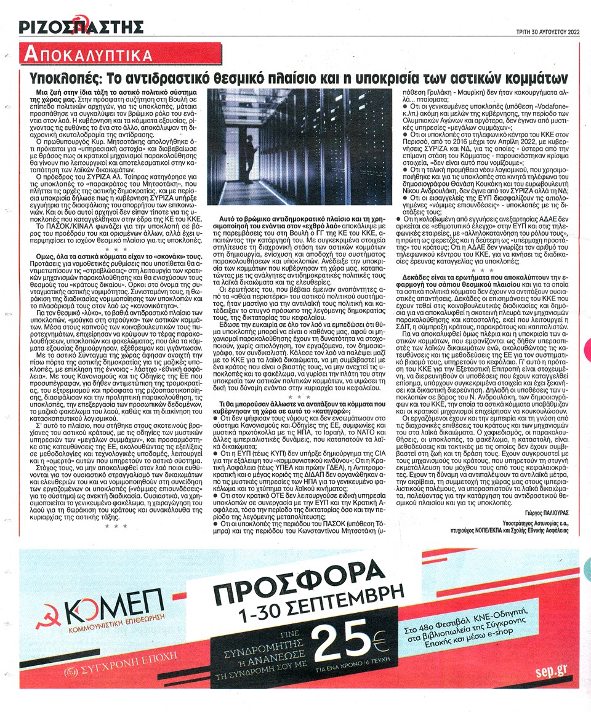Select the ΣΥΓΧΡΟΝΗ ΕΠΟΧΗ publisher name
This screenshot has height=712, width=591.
(x=124, y=669)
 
